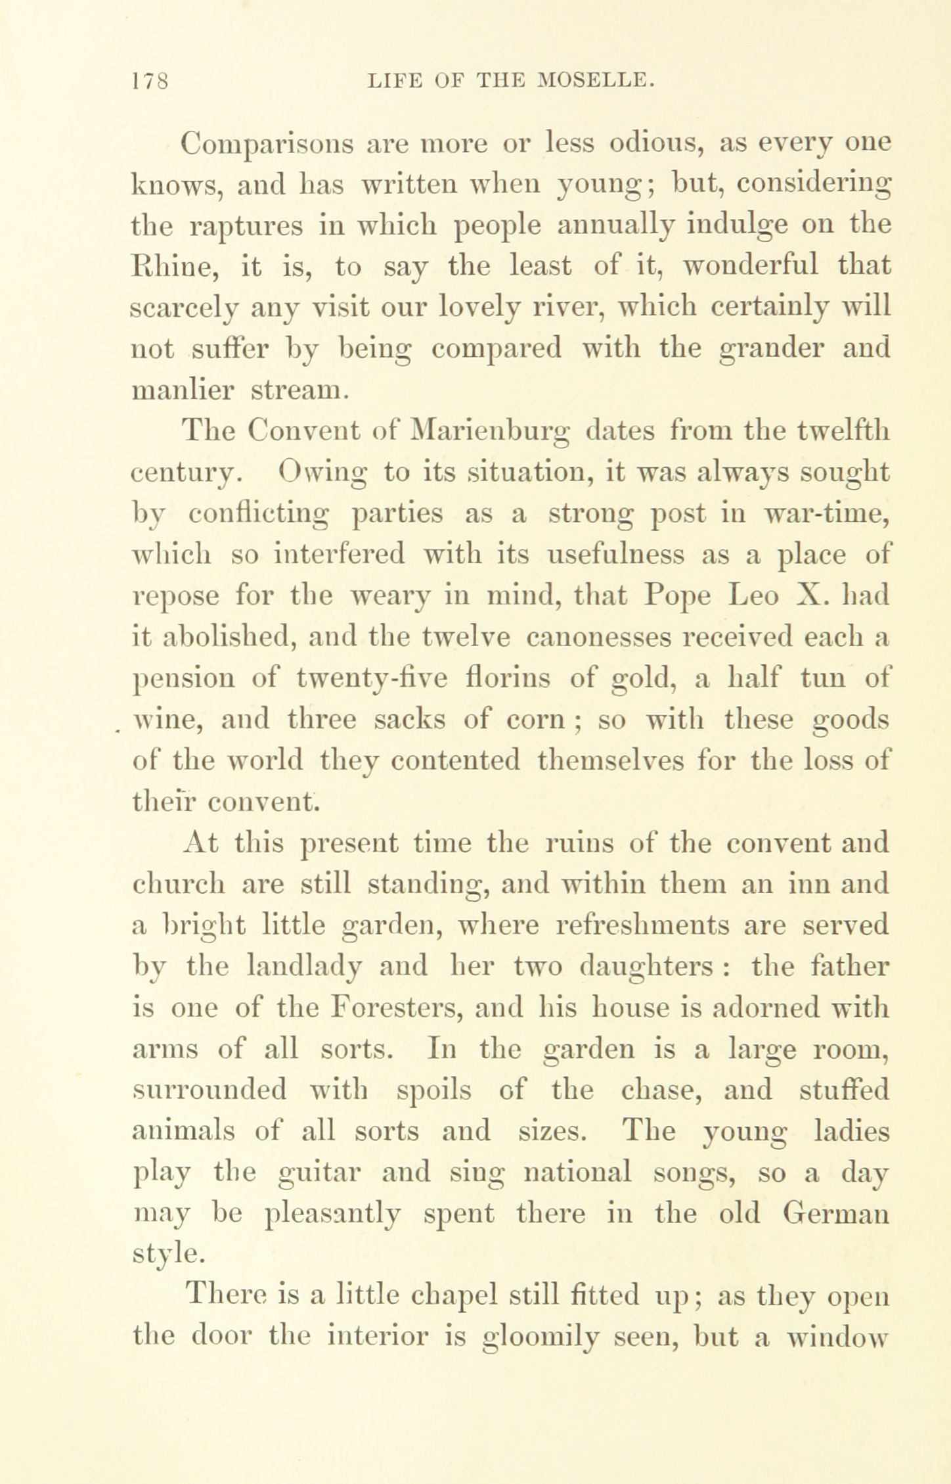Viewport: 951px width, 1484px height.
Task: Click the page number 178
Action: tap(150, 81)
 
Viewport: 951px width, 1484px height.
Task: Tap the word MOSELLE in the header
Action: tap(595, 81)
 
